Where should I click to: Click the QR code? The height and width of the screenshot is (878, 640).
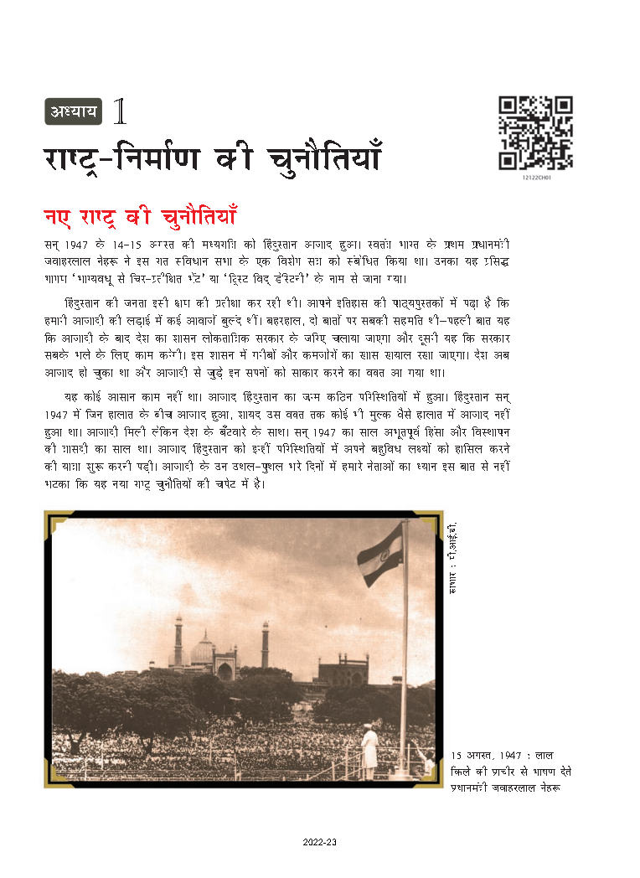pyautogui.click(x=535, y=133)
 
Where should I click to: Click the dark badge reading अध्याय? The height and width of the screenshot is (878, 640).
pyautogui.click(x=73, y=110)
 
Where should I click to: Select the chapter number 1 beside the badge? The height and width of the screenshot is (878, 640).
pyautogui.click(x=120, y=110)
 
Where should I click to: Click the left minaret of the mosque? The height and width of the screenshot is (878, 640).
pyautogui.click(x=178, y=641)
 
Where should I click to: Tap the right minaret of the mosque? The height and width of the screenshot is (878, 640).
pyautogui.click(x=265, y=644)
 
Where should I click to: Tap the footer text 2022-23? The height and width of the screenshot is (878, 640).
pyautogui.click(x=320, y=843)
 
